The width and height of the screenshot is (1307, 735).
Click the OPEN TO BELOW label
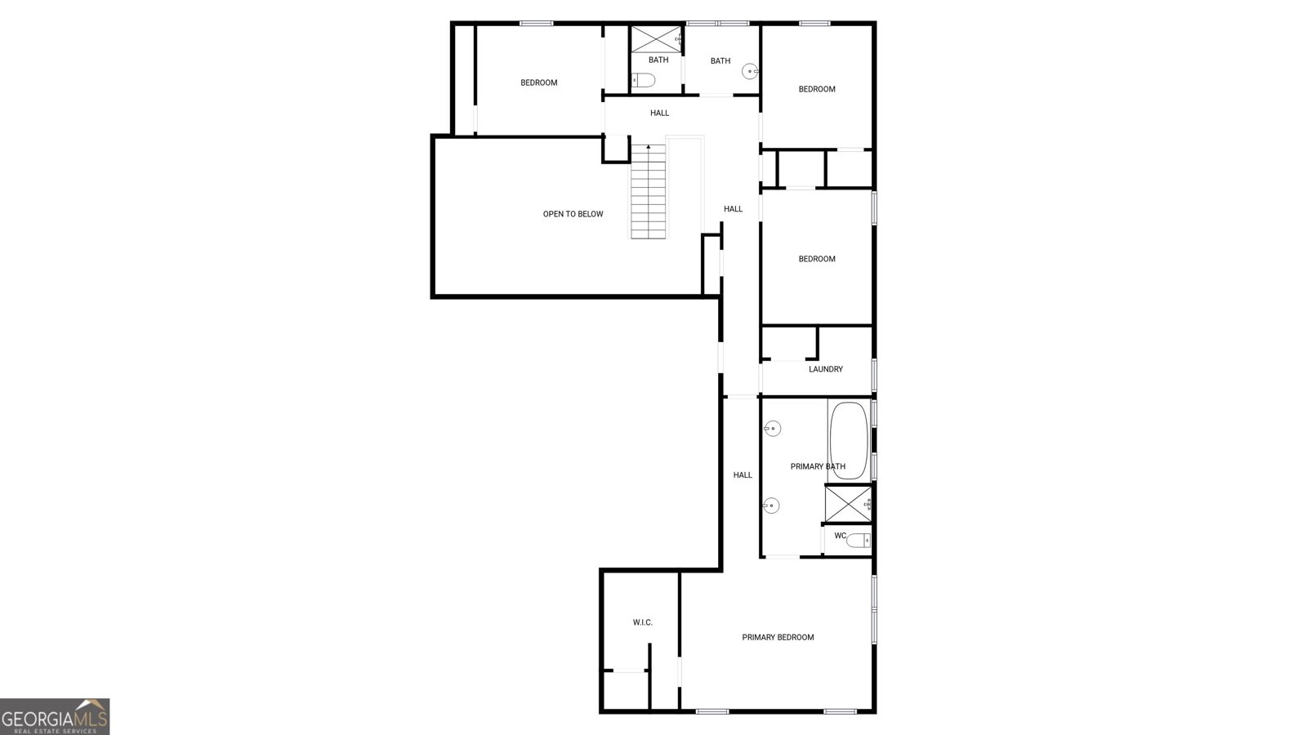(x=573, y=214)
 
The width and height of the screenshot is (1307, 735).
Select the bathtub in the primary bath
(x=849, y=440)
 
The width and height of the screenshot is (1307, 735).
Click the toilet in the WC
(x=858, y=539)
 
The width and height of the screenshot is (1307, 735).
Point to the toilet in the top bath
(x=644, y=80)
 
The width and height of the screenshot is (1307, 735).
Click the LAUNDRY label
(x=825, y=369)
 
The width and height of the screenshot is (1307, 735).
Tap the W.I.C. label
(x=643, y=622)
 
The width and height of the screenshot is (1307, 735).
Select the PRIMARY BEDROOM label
(x=778, y=637)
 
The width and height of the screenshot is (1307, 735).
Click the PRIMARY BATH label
(x=817, y=466)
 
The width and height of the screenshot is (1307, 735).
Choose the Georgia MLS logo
(x=55, y=716)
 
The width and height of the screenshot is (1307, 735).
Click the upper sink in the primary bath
(x=772, y=428)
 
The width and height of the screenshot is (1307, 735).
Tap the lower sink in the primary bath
(x=771, y=506)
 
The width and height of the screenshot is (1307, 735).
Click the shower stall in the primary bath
(x=848, y=503)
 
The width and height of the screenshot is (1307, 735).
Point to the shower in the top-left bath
(x=655, y=38)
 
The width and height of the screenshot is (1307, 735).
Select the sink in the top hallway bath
(x=751, y=72)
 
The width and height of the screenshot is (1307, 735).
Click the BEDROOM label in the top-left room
(x=539, y=82)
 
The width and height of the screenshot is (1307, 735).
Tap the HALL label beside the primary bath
(x=743, y=474)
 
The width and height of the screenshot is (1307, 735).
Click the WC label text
(x=840, y=536)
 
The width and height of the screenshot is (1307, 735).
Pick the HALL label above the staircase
(x=659, y=113)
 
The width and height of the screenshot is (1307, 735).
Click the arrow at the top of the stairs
(x=649, y=148)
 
